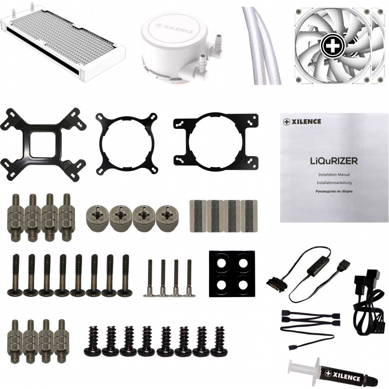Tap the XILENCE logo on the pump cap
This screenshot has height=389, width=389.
point(174,28)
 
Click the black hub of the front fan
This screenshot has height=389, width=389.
point(333,45)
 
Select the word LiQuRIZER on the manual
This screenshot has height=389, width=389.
point(334,161)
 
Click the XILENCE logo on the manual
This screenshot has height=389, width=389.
point(302,121)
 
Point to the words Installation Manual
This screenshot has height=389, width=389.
point(334,175)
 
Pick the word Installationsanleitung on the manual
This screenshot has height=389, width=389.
point(334,183)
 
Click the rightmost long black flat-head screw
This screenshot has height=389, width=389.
point(125,276)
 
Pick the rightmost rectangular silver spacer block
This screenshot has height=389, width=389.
point(249,216)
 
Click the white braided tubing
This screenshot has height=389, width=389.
point(262,45)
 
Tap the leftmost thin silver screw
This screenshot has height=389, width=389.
point(150,278)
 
